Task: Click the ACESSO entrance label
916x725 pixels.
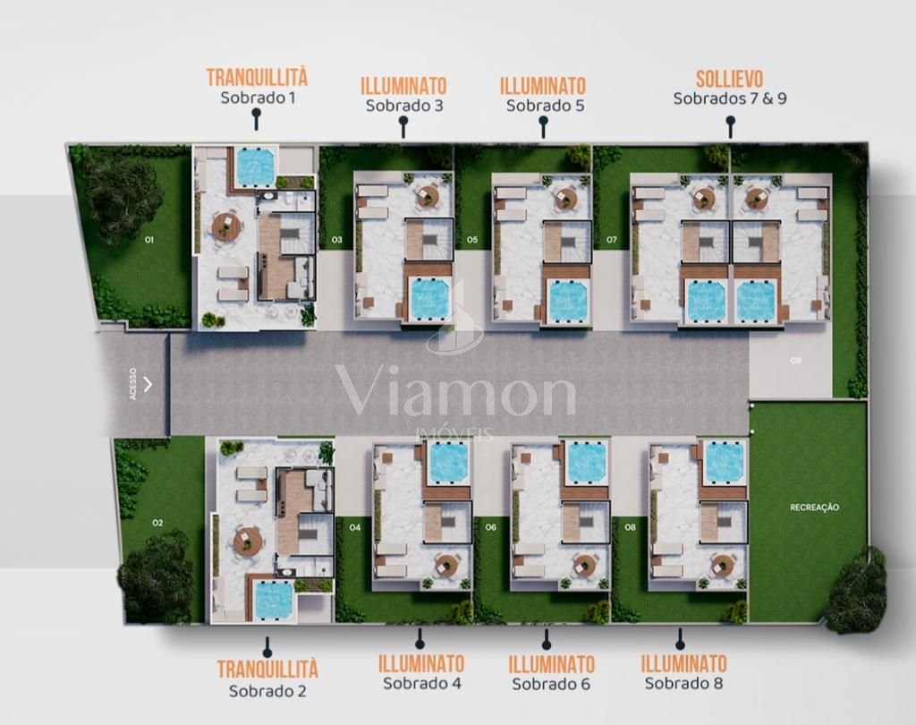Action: (x=132, y=384)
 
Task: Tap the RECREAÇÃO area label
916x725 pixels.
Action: (x=814, y=507)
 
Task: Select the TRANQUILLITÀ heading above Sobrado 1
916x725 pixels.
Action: (x=257, y=77)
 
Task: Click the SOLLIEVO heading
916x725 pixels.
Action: (x=730, y=79)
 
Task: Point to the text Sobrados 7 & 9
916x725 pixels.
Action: (x=730, y=98)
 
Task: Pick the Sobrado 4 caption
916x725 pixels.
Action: (x=422, y=683)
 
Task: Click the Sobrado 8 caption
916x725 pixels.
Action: (x=683, y=683)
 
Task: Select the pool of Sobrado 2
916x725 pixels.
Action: (x=274, y=601)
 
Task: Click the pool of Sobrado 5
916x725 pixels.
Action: (x=568, y=302)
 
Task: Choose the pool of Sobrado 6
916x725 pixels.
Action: (x=585, y=462)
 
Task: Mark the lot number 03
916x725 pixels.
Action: (x=337, y=240)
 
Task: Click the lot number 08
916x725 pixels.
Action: (x=630, y=527)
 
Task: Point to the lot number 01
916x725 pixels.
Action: (x=149, y=240)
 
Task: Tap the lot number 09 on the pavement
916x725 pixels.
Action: (x=795, y=361)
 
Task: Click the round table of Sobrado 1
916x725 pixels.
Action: (x=226, y=226)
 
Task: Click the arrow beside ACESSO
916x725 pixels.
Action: (x=148, y=384)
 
